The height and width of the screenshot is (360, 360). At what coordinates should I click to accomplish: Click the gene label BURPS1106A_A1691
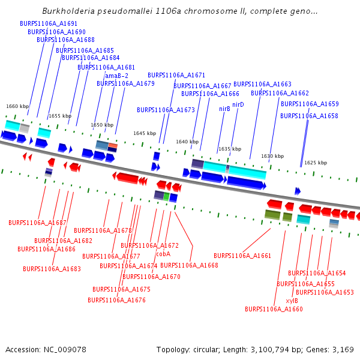coord(49,23)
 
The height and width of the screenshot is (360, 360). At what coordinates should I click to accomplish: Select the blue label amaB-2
coord(116,76)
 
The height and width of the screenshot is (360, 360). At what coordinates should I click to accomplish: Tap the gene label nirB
coord(224,109)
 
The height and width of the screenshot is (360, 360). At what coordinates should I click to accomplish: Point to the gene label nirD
coord(238,104)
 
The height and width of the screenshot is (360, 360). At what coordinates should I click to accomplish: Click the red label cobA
coord(163,253)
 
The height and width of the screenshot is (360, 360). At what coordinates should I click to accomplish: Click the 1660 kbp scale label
coord(17,106)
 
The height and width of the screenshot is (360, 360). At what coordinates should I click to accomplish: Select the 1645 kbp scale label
coord(145,133)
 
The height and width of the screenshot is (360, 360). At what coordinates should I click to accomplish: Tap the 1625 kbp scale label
coord(316,163)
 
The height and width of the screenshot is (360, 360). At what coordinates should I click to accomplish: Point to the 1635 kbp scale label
coord(230,149)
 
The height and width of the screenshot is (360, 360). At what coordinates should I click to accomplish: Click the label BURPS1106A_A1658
coord(310,116)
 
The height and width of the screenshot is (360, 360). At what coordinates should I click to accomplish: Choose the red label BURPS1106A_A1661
coord(242,256)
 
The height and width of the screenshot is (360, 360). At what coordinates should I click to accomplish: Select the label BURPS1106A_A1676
coord(116,300)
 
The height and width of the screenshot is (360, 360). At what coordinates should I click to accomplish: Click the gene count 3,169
coord(342,349)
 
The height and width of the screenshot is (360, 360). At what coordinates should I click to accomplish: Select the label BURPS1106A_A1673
coord(166,110)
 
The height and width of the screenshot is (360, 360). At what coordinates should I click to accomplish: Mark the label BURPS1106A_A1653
coord(325,292)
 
